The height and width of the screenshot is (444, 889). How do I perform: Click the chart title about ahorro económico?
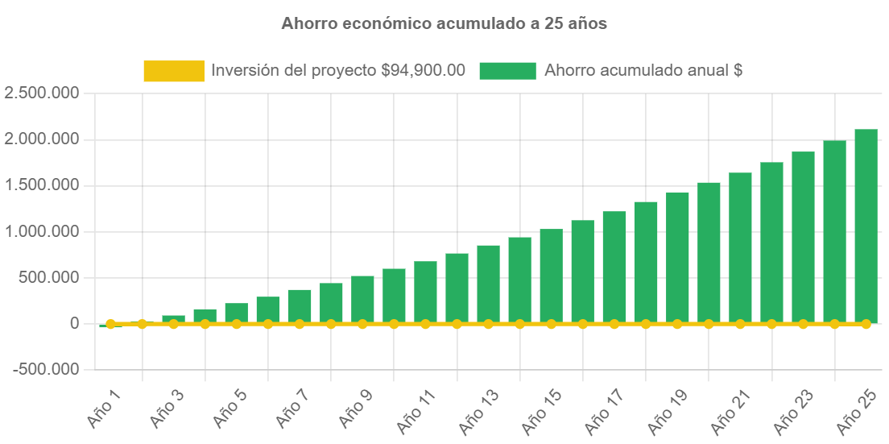444,24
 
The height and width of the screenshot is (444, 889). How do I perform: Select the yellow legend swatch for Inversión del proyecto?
174,71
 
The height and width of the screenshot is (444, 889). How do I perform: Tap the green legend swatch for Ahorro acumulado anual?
507,71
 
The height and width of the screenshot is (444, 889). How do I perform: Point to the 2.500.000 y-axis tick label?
42,93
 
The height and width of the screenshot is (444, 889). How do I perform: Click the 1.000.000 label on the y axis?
42,232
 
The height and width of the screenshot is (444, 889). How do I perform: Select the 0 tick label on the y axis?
74,324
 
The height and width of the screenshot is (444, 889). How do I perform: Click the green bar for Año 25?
866,226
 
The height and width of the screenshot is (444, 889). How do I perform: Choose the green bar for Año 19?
677,257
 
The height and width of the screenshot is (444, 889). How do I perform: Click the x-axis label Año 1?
105,408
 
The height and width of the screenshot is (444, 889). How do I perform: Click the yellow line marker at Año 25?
866,324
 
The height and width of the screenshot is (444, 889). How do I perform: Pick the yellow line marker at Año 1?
110,324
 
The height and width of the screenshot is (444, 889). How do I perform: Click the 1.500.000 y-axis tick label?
42,185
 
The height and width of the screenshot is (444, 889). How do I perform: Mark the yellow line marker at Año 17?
614,324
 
